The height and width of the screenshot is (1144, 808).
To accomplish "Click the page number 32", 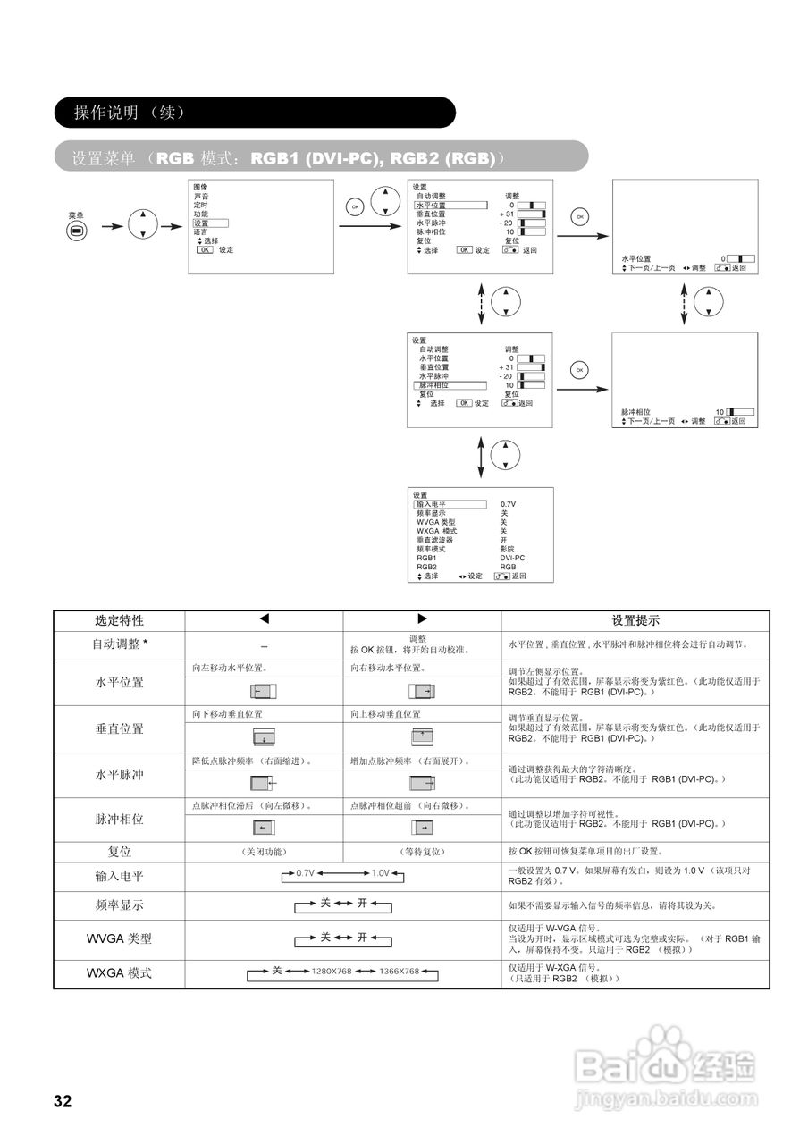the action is [x=62, y=1101].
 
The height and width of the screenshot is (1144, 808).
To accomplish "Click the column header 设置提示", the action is [x=635, y=620].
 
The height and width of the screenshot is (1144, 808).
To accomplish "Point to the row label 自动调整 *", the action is [x=119, y=643].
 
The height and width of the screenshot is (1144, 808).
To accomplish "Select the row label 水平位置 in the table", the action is [x=119, y=683].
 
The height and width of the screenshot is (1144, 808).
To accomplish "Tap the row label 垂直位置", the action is [x=119, y=729].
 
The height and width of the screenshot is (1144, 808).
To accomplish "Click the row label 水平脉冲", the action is [x=119, y=775].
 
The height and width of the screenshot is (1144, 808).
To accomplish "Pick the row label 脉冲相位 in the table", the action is [x=119, y=819].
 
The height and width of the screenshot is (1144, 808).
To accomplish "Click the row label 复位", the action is [x=119, y=852].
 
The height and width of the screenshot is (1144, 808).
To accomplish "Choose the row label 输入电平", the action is [x=119, y=876].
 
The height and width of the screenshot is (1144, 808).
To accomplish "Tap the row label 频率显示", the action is [x=119, y=905].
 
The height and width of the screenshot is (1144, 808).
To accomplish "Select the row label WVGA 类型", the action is [x=119, y=938].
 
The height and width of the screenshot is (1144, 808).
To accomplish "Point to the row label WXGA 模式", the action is [x=119, y=972].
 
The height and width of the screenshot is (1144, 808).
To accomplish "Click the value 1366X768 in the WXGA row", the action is [x=399, y=972].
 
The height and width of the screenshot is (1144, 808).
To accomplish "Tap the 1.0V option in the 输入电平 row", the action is [x=380, y=872].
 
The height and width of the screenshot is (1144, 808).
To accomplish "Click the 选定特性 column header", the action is [x=119, y=620].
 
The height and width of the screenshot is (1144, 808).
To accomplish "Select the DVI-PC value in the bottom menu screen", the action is [x=512, y=558].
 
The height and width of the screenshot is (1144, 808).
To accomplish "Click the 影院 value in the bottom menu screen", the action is [x=507, y=549].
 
